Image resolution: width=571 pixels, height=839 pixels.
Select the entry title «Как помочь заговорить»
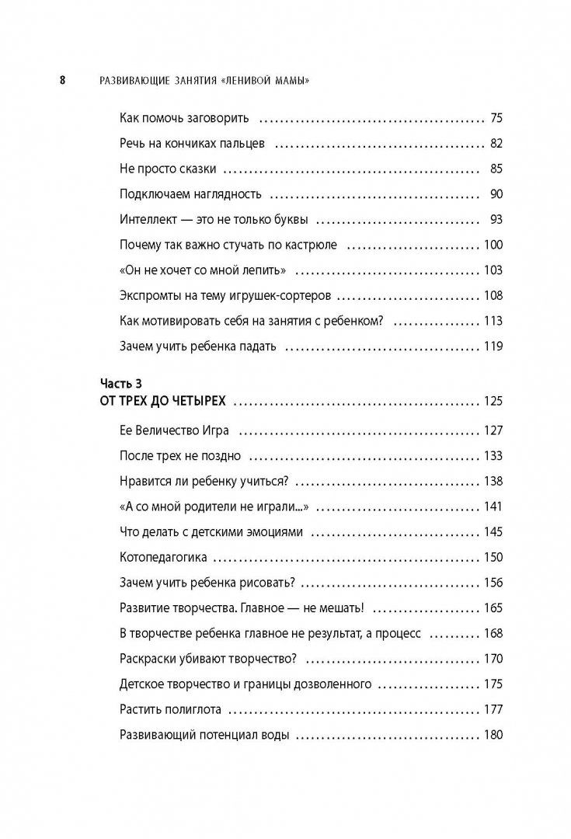point(184,119)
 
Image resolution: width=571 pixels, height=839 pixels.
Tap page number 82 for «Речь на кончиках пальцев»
point(496,144)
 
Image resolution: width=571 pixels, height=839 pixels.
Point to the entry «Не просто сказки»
point(168,169)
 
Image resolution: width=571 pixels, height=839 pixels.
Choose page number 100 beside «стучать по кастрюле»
point(493,245)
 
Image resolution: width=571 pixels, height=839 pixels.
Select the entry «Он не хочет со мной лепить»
point(203,270)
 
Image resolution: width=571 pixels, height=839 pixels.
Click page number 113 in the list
point(493,321)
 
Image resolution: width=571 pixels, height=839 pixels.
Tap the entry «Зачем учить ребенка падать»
point(197,346)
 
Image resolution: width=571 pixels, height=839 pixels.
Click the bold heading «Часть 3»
point(122,383)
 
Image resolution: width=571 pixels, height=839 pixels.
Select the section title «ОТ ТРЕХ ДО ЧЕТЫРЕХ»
point(163,402)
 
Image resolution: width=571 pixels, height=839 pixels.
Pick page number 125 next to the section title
point(493,402)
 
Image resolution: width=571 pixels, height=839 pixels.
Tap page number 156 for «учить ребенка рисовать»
point(493,583)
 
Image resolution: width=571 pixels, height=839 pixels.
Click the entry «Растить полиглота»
point(171,709)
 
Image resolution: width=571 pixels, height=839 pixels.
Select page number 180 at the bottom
point(493,735)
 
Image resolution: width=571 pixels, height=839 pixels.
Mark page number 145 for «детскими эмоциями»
point(493,532)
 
